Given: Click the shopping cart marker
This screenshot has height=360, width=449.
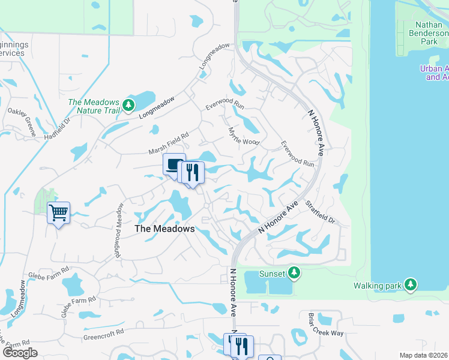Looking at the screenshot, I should click(x=59, y=212).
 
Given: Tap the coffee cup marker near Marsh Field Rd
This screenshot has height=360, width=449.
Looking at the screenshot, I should click(x=174, y=164).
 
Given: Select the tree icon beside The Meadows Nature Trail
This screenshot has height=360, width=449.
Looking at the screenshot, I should click(x=128, y=106).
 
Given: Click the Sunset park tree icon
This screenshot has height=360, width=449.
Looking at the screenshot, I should click(x=294, y=274).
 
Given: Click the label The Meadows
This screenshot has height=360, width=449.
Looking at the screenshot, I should click(x=164, y=229).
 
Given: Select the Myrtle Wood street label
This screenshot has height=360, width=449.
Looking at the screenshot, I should click(x=243, y=136).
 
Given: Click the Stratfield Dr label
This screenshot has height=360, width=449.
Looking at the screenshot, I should click(x=319, y=212).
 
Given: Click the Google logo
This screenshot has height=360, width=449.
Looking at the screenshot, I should click(x=20, y=353).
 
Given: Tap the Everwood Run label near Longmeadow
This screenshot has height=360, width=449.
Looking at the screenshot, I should click(x=225, y=104).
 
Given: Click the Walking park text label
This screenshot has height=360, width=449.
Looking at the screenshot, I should click(x=378, y=286).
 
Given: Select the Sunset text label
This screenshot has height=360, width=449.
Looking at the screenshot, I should click(x=272, y=274).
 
